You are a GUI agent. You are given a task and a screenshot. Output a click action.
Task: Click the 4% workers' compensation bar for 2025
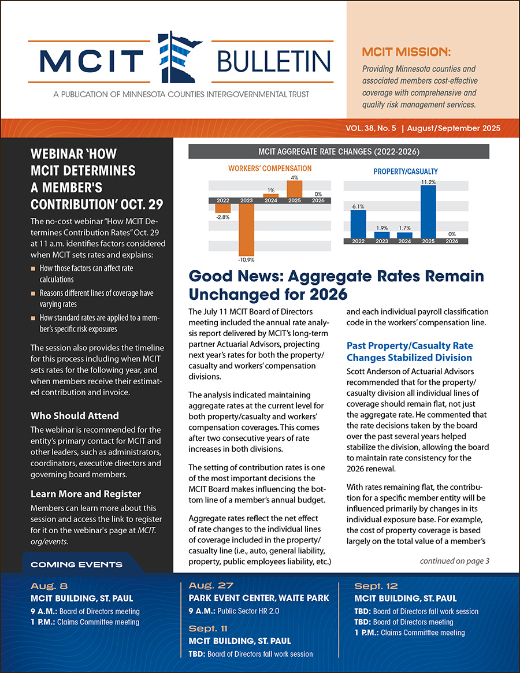(x=294, y=189)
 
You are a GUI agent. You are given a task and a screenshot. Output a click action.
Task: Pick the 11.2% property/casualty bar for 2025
(x=428, y=211)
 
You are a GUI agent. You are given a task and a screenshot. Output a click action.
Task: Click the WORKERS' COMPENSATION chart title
(x=270, y=169)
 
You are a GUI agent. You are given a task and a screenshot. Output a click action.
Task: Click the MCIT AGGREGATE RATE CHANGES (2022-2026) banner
(x=339, y=152)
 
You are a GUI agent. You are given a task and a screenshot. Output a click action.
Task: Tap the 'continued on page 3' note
(x=454, y=560)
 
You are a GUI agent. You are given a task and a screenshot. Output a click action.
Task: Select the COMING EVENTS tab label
(x=76, y=564)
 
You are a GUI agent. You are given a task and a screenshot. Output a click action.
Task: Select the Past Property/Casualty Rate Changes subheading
(x=410, y=351)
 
